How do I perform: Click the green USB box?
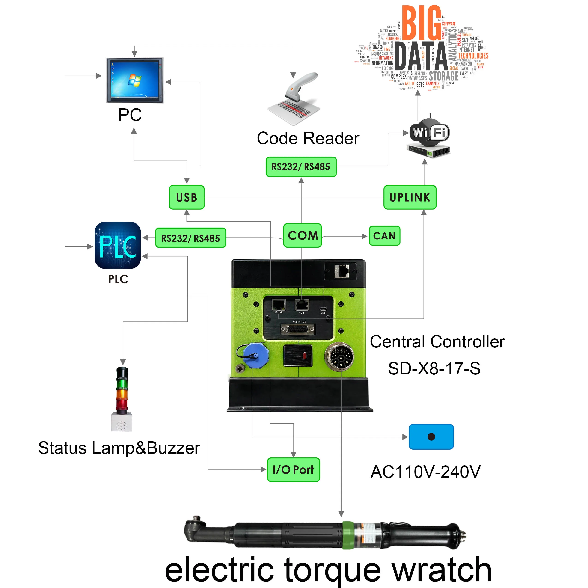[187, 197]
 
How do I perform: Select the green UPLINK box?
[410, 197]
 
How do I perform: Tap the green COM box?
[303, 235]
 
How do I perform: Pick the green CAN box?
[384, 236]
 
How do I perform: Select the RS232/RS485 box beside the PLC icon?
[190, 238]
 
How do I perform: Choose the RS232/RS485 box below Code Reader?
[301, 167]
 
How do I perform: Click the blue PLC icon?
[117, 245]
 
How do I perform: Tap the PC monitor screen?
[135, 80]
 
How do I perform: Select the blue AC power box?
[431, 437]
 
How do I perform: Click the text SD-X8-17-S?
[434, 368]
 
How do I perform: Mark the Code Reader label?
[308, 139]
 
